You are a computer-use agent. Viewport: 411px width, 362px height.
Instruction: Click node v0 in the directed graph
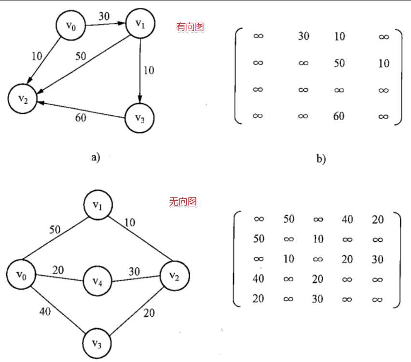tap(71, 26)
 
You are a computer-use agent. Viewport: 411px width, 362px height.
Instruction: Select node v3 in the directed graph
tap(140, 118)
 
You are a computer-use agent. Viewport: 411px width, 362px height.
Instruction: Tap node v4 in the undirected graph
tap(97, 281)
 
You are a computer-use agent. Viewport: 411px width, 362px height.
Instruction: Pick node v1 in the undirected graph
tap(98, 205)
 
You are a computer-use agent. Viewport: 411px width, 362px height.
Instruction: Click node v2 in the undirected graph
tap(175, 276)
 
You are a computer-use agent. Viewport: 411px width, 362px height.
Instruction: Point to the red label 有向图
tap(190, 27)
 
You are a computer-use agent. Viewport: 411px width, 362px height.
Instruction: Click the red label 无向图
tap(183, 202)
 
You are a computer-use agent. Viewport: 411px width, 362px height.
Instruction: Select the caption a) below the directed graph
tap(96, 157)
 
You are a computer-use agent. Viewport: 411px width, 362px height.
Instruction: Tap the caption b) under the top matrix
tap(321, 159)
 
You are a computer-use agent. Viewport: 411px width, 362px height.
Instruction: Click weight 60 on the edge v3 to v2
tap(81, 118)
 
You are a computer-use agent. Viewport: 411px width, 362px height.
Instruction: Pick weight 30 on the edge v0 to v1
tap(104, 16)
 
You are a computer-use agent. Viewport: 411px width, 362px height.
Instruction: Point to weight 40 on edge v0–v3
tap(45, 311)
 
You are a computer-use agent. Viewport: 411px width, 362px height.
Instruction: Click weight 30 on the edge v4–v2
tap(134, 271)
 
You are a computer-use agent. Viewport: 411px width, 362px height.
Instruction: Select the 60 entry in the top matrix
tap(339, 116)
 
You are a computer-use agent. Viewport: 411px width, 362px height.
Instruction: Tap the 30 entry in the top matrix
tap(303, 36)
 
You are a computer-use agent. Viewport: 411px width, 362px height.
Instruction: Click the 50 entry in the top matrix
tap(339, 63)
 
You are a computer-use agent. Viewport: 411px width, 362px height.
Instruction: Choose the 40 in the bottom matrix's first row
tap(347, 219)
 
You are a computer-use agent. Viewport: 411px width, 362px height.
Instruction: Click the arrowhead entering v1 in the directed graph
tap(121, 23)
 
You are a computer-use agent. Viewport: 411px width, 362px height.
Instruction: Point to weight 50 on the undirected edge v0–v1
tap(55, 230)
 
